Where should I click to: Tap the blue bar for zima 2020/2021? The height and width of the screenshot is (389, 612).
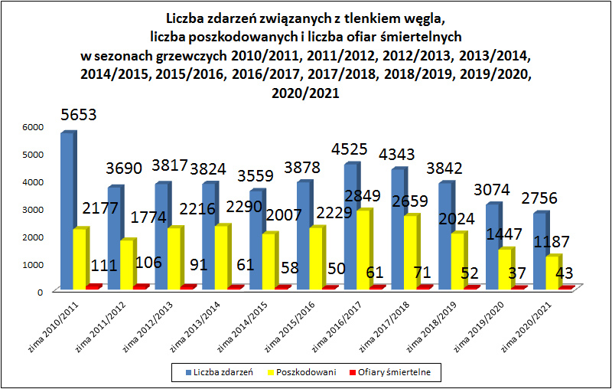click(540, 251)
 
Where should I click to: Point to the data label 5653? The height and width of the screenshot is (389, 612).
click(83, 116)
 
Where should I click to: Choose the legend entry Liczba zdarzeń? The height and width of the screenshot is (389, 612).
click(220, 373)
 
